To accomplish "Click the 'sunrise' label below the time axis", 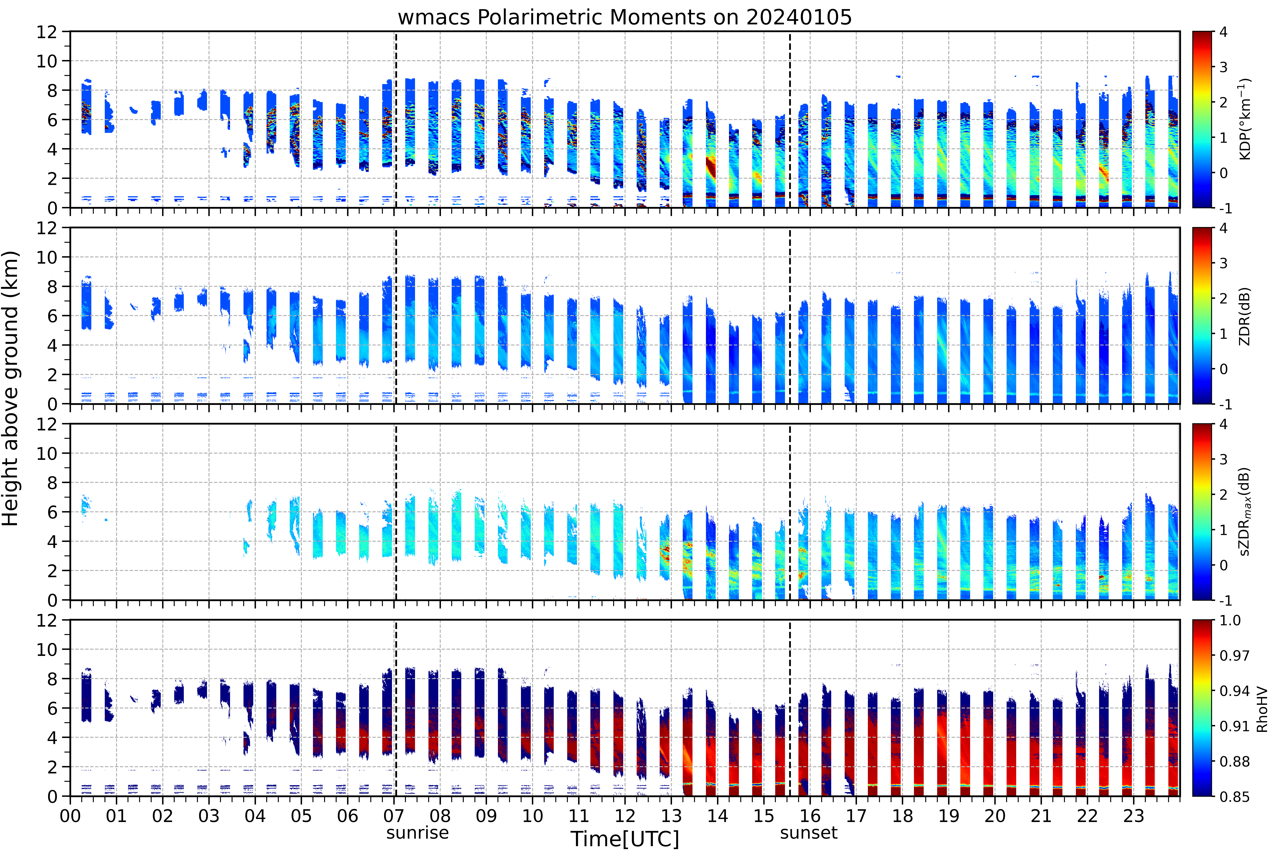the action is (x=417, y=833).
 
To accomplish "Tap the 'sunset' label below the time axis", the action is (x=809, y=833).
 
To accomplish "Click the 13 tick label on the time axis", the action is (x=671, y=816).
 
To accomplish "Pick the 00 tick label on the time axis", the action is (x=70, y=816).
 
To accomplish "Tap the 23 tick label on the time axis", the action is (x=1133, y=816).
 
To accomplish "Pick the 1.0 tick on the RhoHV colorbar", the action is (x=1230, y=620).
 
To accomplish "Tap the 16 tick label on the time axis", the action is (x=810, y=816).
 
